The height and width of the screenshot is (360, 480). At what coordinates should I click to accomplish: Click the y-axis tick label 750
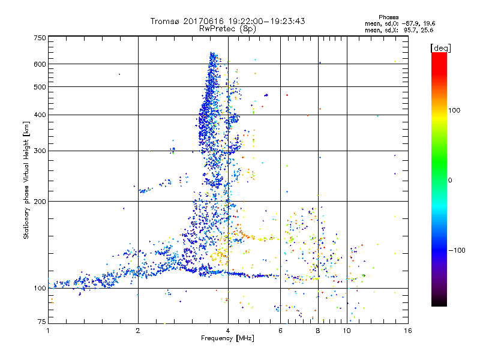(40, 37)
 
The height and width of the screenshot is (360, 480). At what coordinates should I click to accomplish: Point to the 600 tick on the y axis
(40, 64)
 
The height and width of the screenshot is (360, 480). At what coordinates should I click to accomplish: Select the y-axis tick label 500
(40, 87)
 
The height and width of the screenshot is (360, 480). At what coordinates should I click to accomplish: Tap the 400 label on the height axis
(40, 115)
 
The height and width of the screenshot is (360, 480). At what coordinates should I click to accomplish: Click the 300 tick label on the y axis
(40, 151)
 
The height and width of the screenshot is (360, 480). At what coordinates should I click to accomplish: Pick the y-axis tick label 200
(40, 201)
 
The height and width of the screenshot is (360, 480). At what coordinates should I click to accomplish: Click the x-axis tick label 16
(407, 331)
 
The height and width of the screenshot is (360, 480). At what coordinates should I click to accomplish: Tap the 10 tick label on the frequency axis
(347, 331)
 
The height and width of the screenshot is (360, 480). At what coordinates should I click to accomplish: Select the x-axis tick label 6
(281, 331)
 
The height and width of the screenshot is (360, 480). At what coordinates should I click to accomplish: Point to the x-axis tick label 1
(48, 331)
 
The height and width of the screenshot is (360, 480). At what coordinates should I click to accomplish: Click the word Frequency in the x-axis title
(212, 339)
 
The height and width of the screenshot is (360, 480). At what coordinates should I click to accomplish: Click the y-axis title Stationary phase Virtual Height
(26, 180)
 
